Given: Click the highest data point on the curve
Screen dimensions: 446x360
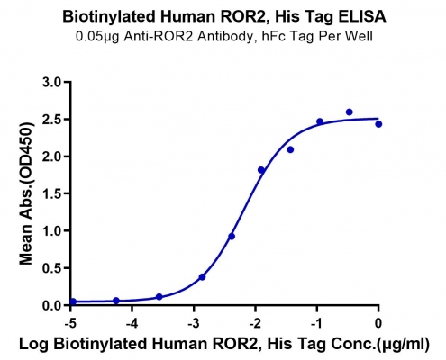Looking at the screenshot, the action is (349, 112).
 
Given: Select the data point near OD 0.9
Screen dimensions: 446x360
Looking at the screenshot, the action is (232, 237).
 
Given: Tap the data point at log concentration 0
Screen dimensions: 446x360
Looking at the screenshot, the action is (378, 124).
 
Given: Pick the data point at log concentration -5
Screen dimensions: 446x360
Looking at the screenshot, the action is (73, 301).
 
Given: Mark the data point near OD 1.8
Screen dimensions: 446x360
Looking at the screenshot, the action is (261, 170).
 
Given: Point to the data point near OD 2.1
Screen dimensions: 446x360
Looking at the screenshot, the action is (290, 149).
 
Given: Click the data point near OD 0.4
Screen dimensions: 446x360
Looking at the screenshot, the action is (202, 277).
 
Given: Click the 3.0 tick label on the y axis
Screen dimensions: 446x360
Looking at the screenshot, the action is (51, 82).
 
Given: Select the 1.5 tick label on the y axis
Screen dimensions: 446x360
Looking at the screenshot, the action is (51, 193).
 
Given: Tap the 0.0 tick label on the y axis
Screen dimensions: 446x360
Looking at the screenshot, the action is (51, 305).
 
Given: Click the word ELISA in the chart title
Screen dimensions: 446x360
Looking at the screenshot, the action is (362, 16).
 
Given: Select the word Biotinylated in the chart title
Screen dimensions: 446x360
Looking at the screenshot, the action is (109, 17).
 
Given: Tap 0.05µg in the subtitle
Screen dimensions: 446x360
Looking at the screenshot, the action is (98, 37).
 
